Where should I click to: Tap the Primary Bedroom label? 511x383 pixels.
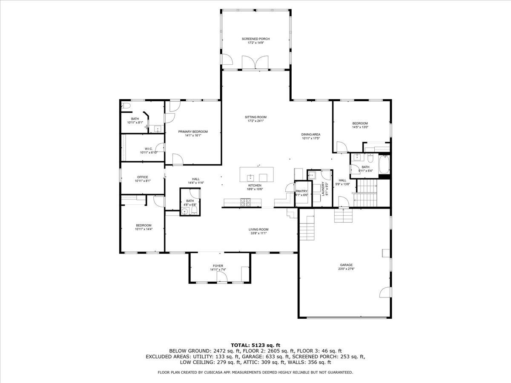193,132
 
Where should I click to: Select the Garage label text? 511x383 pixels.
346,265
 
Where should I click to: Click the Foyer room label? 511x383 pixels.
218,266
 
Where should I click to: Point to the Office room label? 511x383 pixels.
142,177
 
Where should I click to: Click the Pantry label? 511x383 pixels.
301,191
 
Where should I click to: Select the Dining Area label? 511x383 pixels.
311,134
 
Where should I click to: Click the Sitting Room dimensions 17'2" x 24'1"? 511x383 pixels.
255,121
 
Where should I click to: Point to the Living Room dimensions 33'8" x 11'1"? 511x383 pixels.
258,233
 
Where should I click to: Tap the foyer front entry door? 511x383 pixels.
221,277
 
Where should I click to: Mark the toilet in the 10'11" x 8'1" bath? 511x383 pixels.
126,106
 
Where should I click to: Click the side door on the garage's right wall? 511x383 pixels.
385,293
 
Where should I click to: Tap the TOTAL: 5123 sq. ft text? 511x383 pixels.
255,345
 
